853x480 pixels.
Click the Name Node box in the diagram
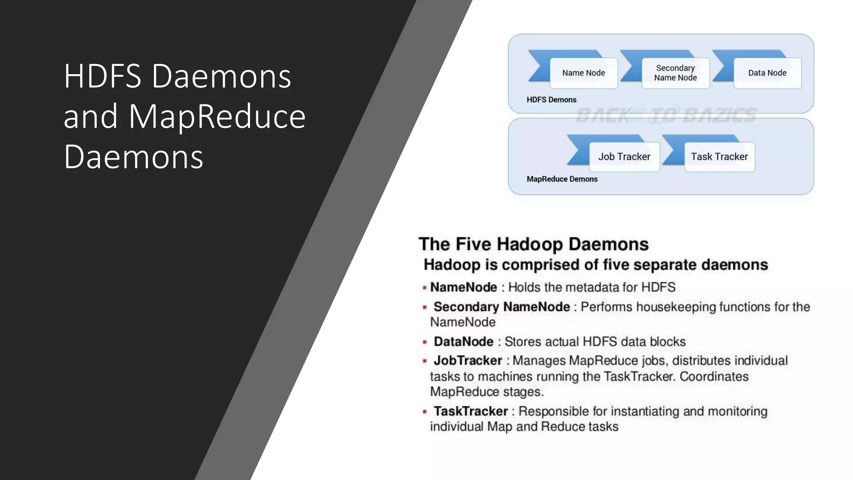(584, 73)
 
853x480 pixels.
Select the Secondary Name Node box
(675, 73)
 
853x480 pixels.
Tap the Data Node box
(767, 73)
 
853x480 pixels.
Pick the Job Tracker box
(624, 157)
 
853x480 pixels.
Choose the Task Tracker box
(719, 157)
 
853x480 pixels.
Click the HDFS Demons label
(551, 100)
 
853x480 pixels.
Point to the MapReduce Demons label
(562, 179)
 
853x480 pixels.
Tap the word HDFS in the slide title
(102, 76)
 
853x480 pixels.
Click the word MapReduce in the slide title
(217, 116)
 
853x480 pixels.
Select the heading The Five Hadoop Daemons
(534, 244)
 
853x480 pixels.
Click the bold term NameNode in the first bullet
(464, 287)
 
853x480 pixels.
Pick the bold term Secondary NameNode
(501, 307)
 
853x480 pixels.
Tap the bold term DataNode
(464, 342)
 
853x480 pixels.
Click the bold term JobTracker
(468, 360)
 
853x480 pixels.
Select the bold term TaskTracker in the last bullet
(471, 411)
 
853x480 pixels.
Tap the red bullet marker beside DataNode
(424, 342)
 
